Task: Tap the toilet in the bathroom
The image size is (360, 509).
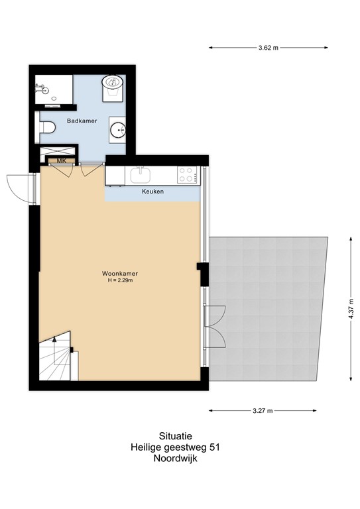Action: (x=48, y=128)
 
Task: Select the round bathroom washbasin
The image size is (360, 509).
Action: (x=119, y=129)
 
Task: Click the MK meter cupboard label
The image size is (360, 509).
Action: (x=61, y=161)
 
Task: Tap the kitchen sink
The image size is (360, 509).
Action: (x=141, y=174)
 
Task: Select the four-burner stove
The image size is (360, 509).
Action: (x=186, y=175)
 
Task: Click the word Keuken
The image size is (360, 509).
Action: (x=152, y=192)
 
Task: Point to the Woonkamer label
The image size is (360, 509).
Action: (x=119, y=273)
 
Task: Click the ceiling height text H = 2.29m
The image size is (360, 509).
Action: (x=120, y=281)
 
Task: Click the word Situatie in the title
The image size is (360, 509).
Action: (x=175, y=435)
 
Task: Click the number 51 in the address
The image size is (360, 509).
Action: (x=213, y=447)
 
